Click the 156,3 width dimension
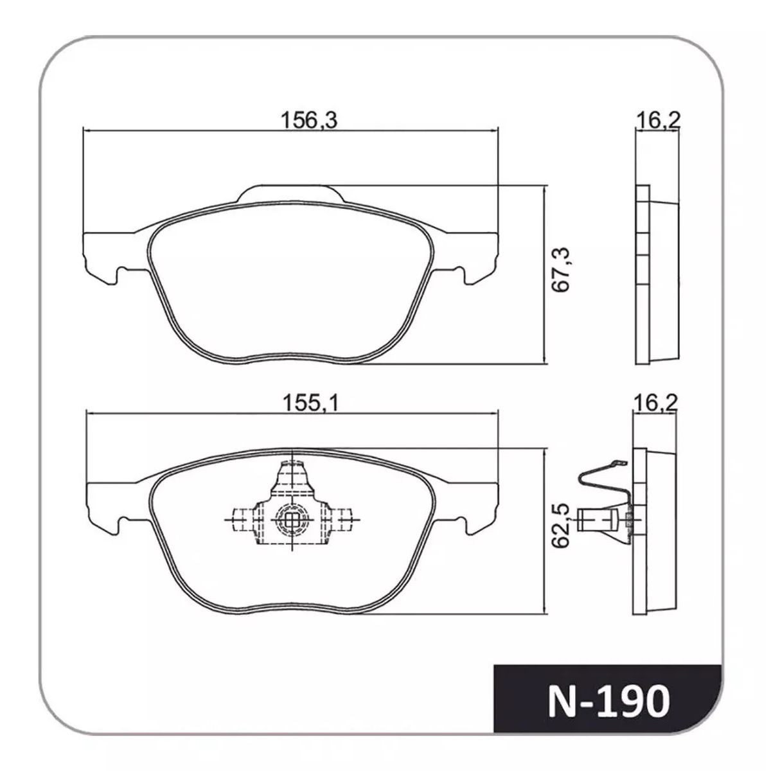tap(309, 120)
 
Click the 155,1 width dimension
tap(310, 403)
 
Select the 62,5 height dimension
tap(561, 531)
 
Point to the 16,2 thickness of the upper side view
tap(657, 120)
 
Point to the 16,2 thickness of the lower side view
tap(655, 403)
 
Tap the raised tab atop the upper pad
tap(291, 193)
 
